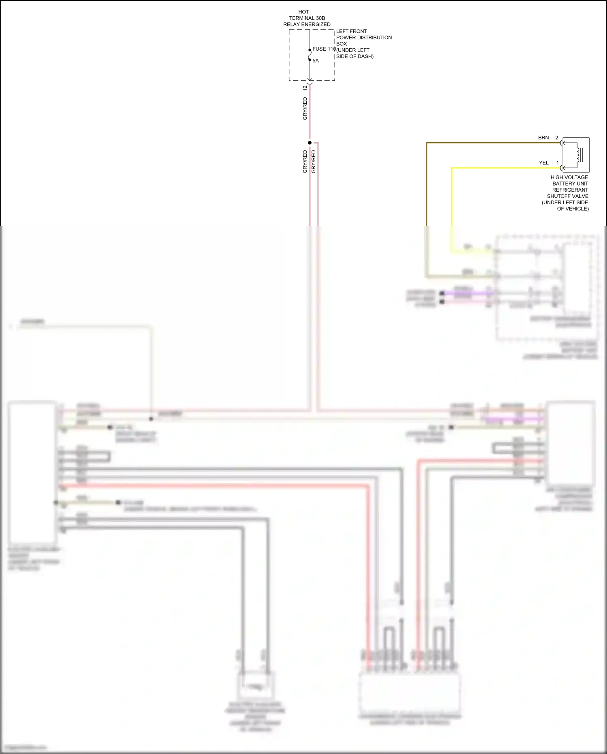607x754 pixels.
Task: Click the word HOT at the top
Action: pyautogui.click(x=303, y=12)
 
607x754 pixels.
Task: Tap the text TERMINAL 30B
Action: pyautogui.click(x=307, y=18)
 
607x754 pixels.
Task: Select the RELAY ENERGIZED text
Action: pyautogui.click(x=307, y=24)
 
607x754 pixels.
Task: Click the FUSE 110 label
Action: pyautogui.click(x=324, y=49)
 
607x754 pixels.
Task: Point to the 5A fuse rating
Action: pyautogui.click(x=316, y=61)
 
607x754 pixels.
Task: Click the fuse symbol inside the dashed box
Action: pyautogui.click(x=310, y=55)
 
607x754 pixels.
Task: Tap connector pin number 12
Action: pyautogui.click(x=305, y=88)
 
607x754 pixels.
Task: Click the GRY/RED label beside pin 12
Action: pyautogui.click(x=305, y=109)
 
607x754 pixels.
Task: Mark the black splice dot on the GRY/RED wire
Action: pyautogui.click(x=310, y=143)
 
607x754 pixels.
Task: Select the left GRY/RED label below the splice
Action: pyautogui.click(x=305, y=162)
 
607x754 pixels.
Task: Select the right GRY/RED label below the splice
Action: pyautogui.click(x=314, y=162)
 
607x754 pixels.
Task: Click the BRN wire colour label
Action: pyautogui.click(x=543, y=138)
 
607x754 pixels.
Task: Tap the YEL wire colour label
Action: pyautogui.click(x=543, y=163)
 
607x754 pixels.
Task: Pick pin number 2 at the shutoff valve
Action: pyautogui.click(x=557, y=138)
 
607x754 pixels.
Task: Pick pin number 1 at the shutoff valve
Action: pyautogui.click(x=557, y=163)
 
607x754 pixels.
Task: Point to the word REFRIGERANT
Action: pyautogui.click(x=570, y=190)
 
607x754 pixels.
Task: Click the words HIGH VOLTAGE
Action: pyautogui.click(x=569, y=177)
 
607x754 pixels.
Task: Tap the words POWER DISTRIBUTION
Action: pyautogui.click(x=364, y=38)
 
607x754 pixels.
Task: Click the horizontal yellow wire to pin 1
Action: pyautogui.click(x=506, y=168)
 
